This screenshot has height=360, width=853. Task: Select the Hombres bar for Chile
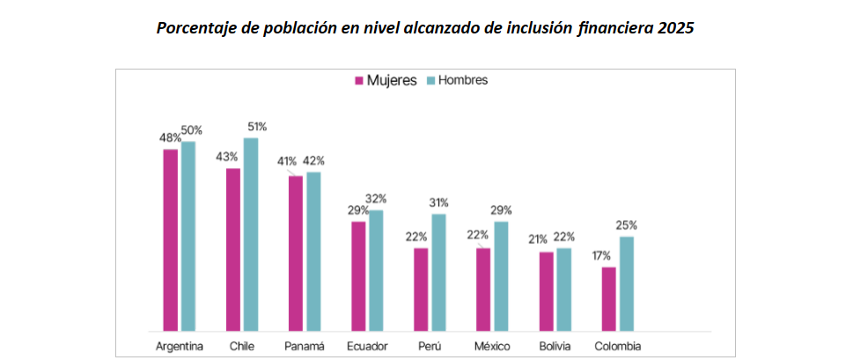tap(251, 234)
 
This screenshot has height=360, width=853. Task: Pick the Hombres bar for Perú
tap(439, 272)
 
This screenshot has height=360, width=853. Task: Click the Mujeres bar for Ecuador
tap(358, 276)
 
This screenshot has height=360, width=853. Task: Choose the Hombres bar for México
tap(501, 276)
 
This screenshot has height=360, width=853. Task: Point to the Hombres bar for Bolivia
tap(564, 289)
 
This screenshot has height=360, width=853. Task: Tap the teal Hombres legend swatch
tap(431, 80)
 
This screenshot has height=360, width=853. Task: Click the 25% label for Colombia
tap(627, 224)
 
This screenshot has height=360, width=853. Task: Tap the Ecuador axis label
tap(367, 345)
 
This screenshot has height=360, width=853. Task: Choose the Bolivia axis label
tap(556, 345)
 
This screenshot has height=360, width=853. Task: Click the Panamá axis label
tap(305, 345)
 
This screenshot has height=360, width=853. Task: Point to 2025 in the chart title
tap(675, 27)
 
